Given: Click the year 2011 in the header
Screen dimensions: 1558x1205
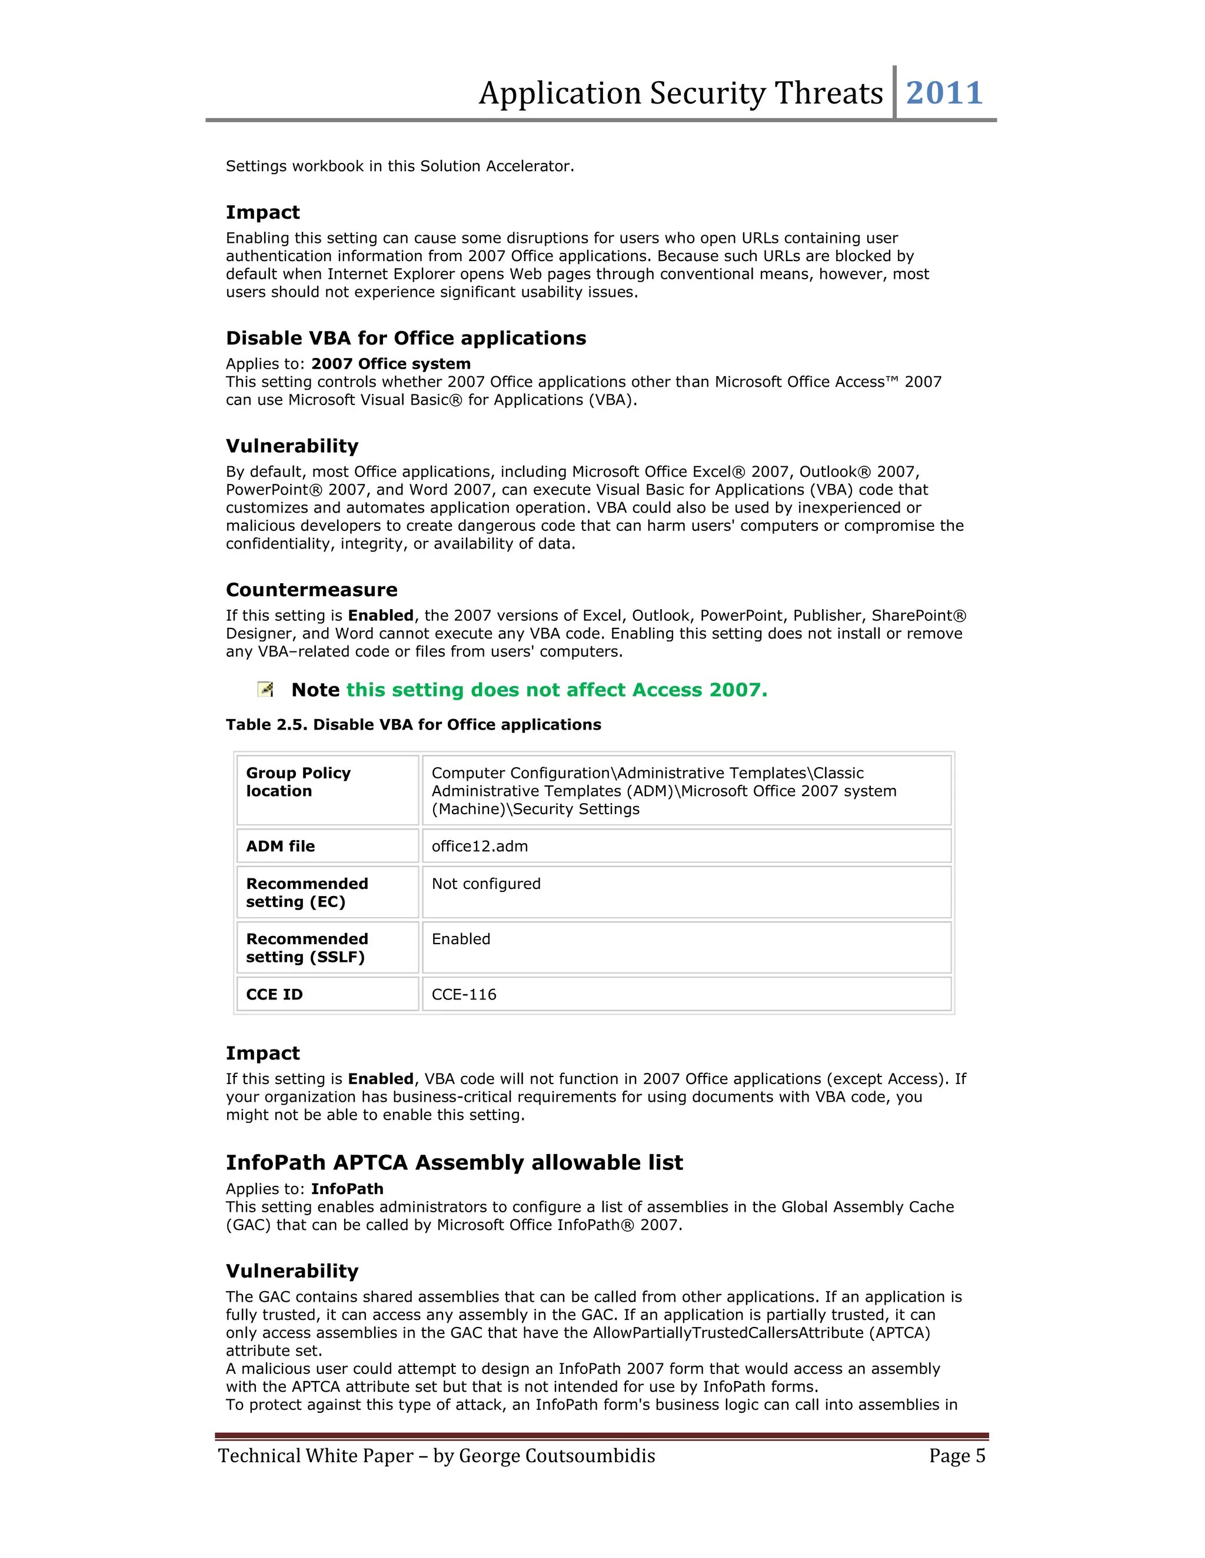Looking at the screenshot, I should (944, 93).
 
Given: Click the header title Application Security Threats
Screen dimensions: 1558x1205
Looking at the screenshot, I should (680, 93).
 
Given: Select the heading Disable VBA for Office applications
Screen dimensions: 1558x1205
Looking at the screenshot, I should (405, 338).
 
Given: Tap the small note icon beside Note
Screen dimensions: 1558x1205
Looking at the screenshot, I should (265, 689).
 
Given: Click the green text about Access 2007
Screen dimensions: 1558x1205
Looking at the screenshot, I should (556, 690).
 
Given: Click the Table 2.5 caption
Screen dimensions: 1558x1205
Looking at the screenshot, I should (413, 725).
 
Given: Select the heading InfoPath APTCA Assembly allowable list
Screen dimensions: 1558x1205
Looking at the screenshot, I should (454, 1163).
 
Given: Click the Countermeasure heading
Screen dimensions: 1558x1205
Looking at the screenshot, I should (311, 590).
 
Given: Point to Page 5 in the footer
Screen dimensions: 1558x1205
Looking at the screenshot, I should (957, 1456).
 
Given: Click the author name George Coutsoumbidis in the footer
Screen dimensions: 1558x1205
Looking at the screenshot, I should (557, 1456).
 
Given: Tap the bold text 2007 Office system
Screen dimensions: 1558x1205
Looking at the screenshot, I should (391, 364).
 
